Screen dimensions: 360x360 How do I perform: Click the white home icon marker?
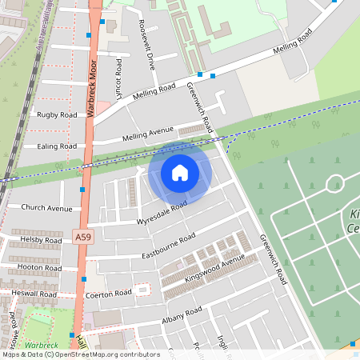[180, 173]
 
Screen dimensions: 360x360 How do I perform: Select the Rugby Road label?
[57, 115]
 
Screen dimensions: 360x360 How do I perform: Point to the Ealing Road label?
[57, 146]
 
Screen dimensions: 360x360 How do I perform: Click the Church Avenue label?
[46, 208]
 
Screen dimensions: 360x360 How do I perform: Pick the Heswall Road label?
[34, 294]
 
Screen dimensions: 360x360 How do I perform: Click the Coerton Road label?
[108, 294]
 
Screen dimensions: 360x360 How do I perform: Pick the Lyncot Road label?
[118, 78]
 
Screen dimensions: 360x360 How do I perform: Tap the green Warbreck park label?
[42, 345]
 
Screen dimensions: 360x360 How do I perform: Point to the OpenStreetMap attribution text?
[80, 354]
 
